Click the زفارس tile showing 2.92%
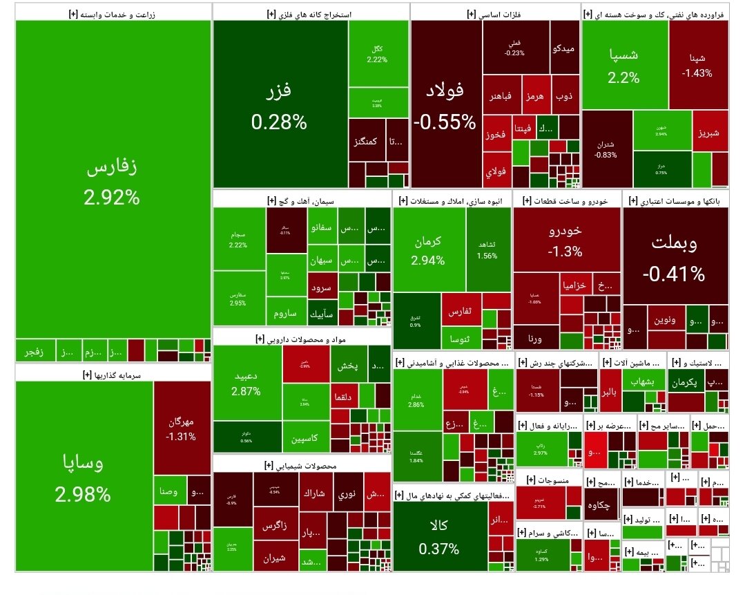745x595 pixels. coord(113,180)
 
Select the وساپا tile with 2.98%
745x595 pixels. coord(83,477)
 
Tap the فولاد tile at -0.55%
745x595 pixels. coord(445,104)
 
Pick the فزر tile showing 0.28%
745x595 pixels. coord(280,104)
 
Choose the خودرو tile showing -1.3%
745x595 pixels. coord(566,238)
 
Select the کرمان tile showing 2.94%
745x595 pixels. coord(428,249)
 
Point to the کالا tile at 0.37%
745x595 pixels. coord(438,536)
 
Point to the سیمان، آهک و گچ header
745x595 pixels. coord(301,200)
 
